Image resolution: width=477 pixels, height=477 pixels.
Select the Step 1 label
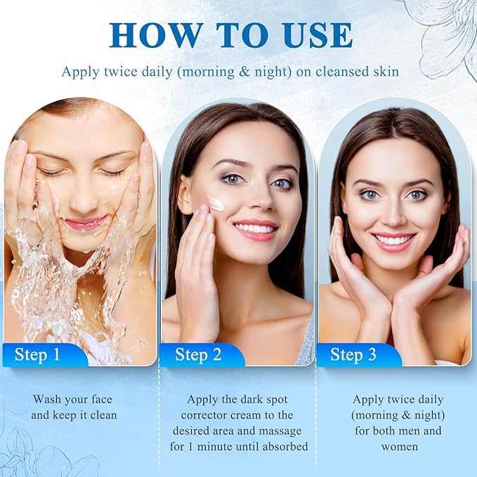pyautogui.click(x=39, y=355)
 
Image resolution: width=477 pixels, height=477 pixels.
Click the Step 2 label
pyautogui.click(x=198, y=355)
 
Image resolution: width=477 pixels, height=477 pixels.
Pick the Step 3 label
pyautogui.click(x=353, y=355)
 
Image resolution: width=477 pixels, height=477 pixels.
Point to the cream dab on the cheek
pyautogui.click(x=216, y=204)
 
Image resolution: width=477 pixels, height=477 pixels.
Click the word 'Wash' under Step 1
pyautogui.click(x=47, y=399)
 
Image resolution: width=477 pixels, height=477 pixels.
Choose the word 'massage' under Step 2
pyautogui.click(x=271, y=431)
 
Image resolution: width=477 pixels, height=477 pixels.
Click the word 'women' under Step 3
pyautogui.click(x=398, y=446)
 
